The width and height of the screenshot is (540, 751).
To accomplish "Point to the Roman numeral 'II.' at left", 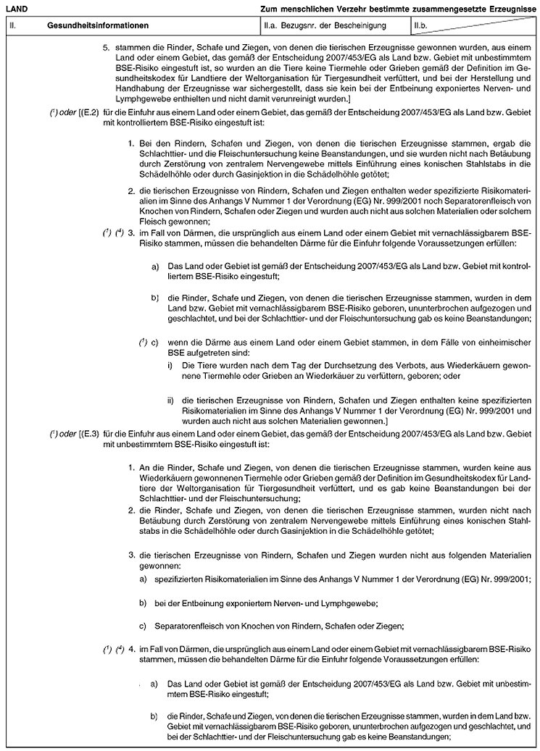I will click(x=12, y=25).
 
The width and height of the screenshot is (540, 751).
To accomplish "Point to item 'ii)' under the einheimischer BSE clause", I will click(x=170, y=400).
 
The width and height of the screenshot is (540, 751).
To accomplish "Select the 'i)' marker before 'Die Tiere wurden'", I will click(x=170, y=365).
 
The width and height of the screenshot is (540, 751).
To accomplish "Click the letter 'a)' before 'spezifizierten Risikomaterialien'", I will click(x=143, y=581).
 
